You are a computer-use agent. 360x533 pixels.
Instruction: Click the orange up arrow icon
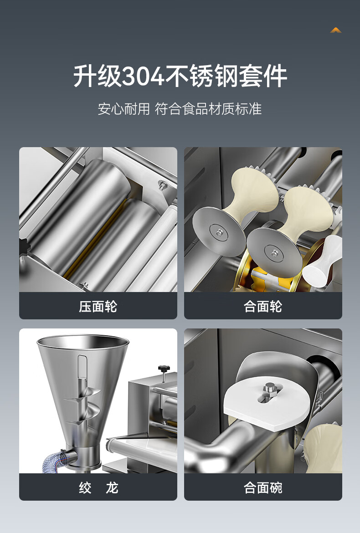(x=335, y=30)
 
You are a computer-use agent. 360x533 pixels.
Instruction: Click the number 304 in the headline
(x=143, y=76)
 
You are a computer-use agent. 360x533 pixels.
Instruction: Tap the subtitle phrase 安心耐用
(x=124, y=109)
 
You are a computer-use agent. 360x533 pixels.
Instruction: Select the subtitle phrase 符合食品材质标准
(x=208, y=109)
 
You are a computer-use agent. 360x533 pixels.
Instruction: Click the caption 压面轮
(x=98, y=307)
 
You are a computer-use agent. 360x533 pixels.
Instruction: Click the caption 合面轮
(x=263, y=307)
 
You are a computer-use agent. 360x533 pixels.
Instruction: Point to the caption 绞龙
(x=98, y=488)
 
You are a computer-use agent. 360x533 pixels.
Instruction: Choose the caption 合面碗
(x=263, y=488)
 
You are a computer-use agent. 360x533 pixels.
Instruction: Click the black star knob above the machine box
(x=164, y=369)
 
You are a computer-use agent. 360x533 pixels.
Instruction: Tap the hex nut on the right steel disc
(x=274, y=252)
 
